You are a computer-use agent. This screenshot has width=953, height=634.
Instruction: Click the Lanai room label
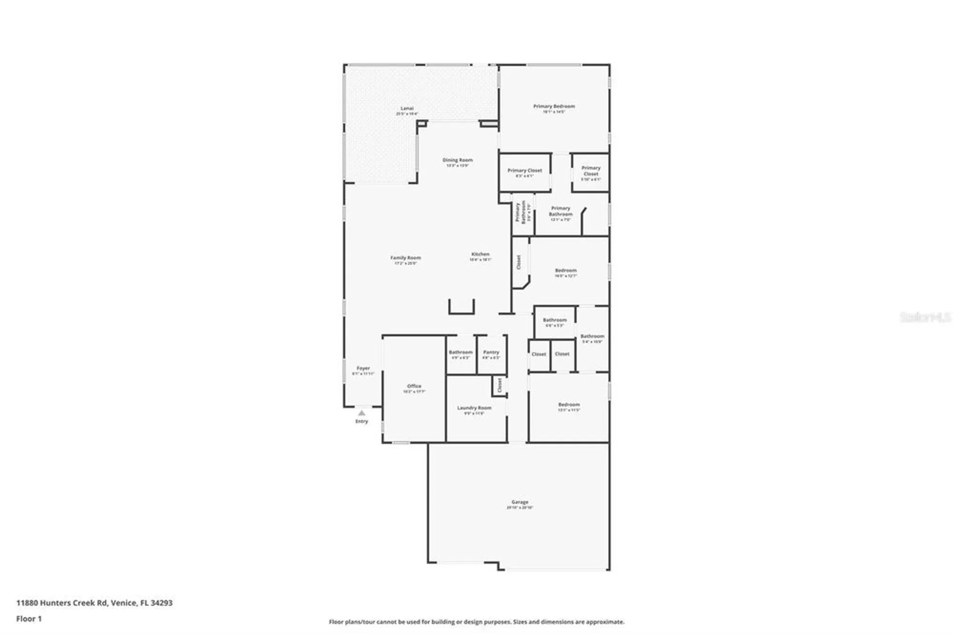(x=407, y=109)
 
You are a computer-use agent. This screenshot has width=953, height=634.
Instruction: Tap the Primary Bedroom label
(x=554, y=107)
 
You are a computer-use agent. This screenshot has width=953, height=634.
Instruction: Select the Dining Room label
(x=457, y=160)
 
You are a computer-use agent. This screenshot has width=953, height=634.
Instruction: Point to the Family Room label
(x=406, y=258)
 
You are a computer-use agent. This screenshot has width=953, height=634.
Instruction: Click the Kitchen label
(x=480, y=255)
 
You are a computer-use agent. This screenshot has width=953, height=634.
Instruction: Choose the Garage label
(x=519, y=502)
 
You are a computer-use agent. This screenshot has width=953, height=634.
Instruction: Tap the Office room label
(x=414, y=386)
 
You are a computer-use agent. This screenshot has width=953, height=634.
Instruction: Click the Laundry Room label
(x=474, y=408)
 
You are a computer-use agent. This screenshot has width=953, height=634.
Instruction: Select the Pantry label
(x=491, y=352)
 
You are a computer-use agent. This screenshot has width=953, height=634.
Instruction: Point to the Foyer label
(x=363, y=368)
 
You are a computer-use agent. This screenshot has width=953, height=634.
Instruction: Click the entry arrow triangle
(x=362, y=413)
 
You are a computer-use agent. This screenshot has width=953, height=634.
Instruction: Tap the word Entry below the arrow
(x=362, y=421)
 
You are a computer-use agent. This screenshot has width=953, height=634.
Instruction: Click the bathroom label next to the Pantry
(x=460, y=352)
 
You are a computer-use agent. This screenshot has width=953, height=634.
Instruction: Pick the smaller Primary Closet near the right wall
(x=591, y=171)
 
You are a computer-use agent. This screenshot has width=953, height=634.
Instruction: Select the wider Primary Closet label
(x=525, y=170)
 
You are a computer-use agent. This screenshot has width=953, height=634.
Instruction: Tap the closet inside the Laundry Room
(x=499, y=385)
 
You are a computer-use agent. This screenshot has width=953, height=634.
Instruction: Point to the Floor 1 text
(x=29, y=619)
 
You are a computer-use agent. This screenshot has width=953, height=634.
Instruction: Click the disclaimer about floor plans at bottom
(x=476, y=622)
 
